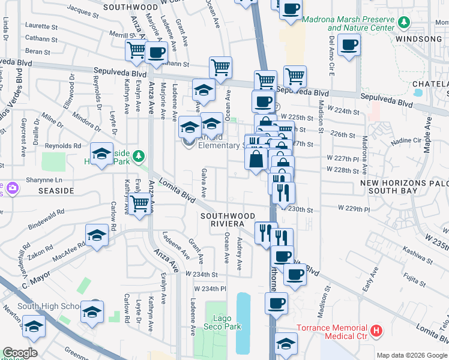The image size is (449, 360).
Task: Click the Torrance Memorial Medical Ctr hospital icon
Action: tap(376, 331)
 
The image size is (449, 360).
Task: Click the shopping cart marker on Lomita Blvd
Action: tap(140, 204)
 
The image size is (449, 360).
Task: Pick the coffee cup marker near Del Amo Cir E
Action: tap(349, 44)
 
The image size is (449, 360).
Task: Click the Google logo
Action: tap(20, 353)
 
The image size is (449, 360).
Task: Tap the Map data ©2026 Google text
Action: tap(411, 355)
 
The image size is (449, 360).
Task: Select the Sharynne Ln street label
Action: tap(46, 179)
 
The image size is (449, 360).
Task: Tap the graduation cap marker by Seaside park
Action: tap(101, 154)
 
